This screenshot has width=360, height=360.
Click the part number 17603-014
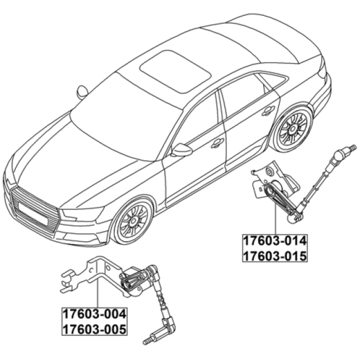pyautogui.click(x=275, y=241)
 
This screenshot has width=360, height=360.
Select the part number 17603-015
pyautogui.click(x=275, y=256)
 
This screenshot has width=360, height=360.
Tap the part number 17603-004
pyautogui.click(x=94, y=314)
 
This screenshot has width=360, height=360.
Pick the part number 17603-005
pyautogui.click(x=94, y=329)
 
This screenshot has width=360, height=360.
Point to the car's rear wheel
pyautogui.click(x=293, y=129)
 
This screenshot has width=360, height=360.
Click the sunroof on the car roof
pyautogui.click(x=175, y=72)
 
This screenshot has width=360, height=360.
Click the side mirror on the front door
pyautogui.click(x=182, y=150)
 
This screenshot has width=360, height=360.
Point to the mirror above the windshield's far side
pyautogui.click(x=82, y=92)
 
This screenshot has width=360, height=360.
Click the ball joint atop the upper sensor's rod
pyautogui.click(x=340, y=153)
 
